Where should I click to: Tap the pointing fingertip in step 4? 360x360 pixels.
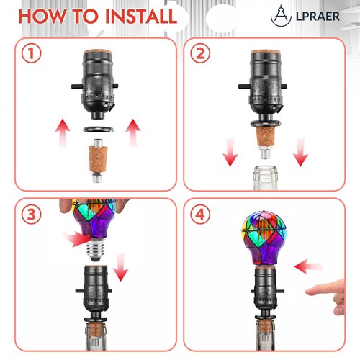(x=307, y=292)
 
